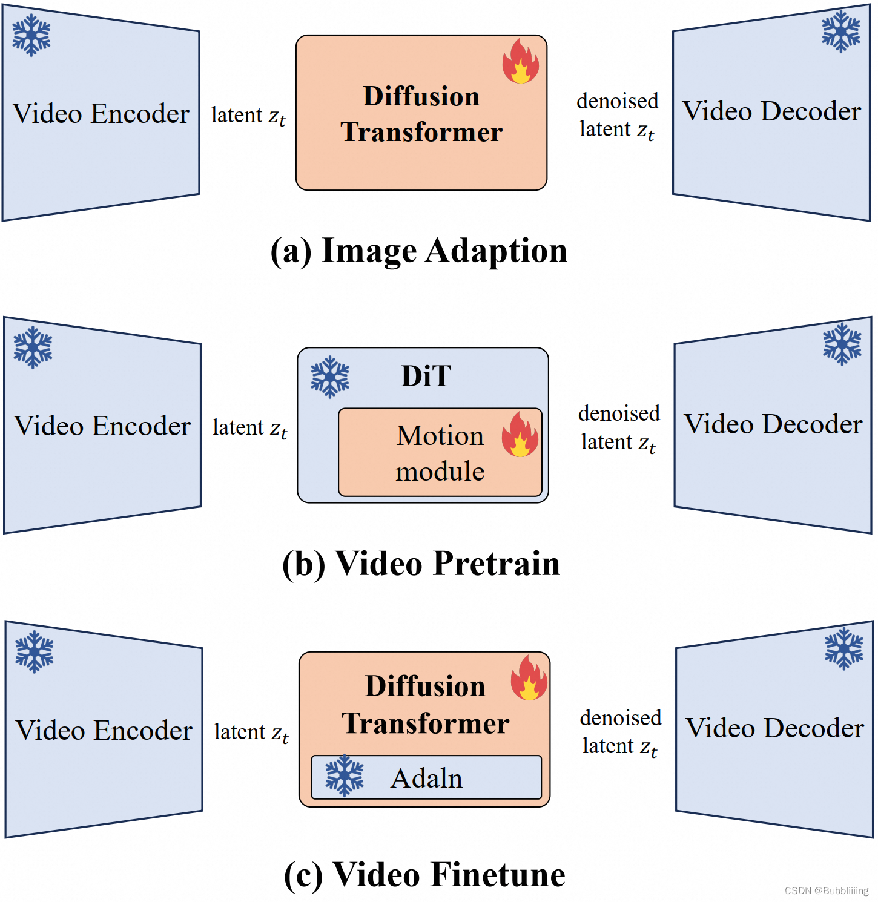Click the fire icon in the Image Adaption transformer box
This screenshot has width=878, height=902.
pos(520,61)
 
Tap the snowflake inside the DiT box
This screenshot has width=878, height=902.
pos(330,377)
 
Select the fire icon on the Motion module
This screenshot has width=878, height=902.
pos(520,434)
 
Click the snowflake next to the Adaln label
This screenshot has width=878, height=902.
pos(345,775)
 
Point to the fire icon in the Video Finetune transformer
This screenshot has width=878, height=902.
pos(529,678)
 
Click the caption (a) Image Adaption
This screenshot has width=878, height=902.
pos(419,251)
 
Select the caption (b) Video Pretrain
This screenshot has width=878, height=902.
pos(421,564)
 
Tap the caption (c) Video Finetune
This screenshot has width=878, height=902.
pos(424,875)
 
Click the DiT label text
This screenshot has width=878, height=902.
pos(426,376)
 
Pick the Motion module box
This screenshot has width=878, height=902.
pos(440,453)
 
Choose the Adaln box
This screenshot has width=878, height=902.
pos(426,778)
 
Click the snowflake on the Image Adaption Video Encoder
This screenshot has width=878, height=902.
pos(31,35)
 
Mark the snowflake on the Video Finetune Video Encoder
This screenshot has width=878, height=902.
pos(35,652)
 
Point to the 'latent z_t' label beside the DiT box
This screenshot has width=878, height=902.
pos(250,428)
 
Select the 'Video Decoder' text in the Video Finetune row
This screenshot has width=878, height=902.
pos(774,728)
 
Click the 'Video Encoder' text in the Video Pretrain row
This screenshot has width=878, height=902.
pos(102,426)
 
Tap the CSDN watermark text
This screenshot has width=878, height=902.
pos(826,890)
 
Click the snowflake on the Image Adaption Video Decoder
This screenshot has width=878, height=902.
pos(841,31)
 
